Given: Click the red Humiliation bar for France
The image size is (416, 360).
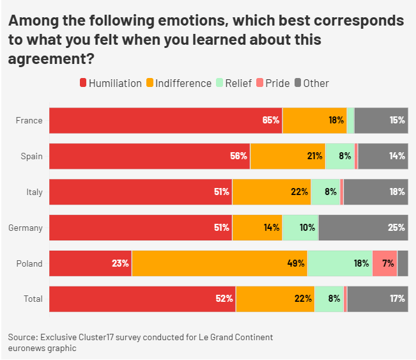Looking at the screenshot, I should tap(166, 120).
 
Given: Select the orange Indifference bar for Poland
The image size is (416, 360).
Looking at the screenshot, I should tap(219, 263).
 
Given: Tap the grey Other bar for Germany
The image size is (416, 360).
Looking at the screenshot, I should tap(362, 228).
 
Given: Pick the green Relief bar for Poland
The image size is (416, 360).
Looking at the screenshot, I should tap(339, 263).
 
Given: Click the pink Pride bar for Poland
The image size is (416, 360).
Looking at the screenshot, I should tap(384, 263).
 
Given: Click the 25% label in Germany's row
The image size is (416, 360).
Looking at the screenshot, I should tap(396, 228).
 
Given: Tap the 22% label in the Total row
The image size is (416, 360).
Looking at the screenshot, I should tap(303, 299).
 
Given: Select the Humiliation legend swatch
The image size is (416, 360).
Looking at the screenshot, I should tap(82, 83).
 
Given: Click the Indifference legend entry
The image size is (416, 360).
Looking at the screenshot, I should tap(178, 83).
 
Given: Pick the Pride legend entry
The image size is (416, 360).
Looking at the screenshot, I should tap(272, 83).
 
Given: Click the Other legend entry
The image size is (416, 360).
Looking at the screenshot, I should tap(311, 83).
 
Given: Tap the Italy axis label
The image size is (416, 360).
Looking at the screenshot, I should tap(34, 192).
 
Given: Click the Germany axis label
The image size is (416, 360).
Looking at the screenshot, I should tap(25, 228).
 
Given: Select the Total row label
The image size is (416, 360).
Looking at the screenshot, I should tap(33, 299).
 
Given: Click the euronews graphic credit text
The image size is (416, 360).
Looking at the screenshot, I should tap(42, 348).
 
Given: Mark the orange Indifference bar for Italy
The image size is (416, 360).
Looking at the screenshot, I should tap(272, 192).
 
